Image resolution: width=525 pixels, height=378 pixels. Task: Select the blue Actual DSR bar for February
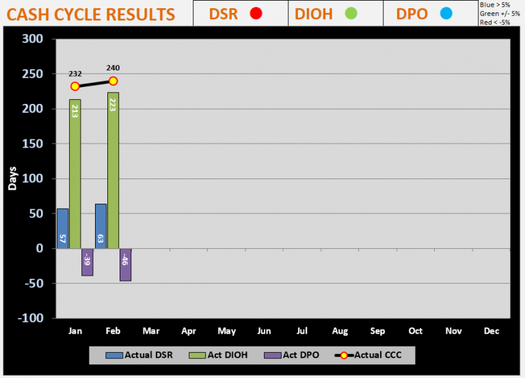click(x=100, y=226)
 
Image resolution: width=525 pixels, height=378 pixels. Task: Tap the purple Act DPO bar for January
click(x=87, y=262)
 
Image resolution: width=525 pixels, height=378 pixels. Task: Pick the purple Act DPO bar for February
click(x=125, y=265)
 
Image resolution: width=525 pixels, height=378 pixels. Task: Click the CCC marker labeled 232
click(x=75, y=86)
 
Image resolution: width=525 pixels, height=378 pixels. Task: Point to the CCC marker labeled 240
click(x=113, y=81)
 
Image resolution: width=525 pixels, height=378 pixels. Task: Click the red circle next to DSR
click(x=256, y=13)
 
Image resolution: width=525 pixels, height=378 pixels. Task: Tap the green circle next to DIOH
click(x=351, y=13)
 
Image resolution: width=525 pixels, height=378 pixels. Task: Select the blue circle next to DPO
click(x=446, y=13)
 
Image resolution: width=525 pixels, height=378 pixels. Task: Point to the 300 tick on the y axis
click(x=33, y=40)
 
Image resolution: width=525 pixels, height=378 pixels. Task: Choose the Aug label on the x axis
click(x=340, y=331)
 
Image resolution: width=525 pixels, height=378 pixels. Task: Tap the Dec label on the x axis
click(x=491, y=331)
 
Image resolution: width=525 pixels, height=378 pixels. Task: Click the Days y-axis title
click(x=12, y=178)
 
